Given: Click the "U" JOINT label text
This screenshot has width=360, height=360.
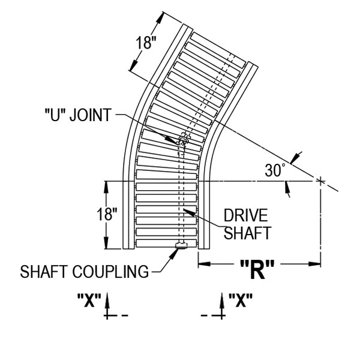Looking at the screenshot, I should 77,115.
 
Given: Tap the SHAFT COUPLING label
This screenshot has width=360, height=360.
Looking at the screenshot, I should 84,272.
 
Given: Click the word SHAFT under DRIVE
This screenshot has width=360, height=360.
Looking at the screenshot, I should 247,233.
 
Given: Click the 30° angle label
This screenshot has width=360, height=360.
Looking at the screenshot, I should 275,170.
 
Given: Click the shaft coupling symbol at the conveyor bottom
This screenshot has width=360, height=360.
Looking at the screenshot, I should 181,245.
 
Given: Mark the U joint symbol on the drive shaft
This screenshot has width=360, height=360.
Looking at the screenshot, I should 182,142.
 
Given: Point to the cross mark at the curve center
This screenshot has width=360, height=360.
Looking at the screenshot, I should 320,180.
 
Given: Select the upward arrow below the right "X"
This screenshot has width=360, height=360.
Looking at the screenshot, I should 223,303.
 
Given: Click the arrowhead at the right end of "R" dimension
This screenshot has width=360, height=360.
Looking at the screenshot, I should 316,263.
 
